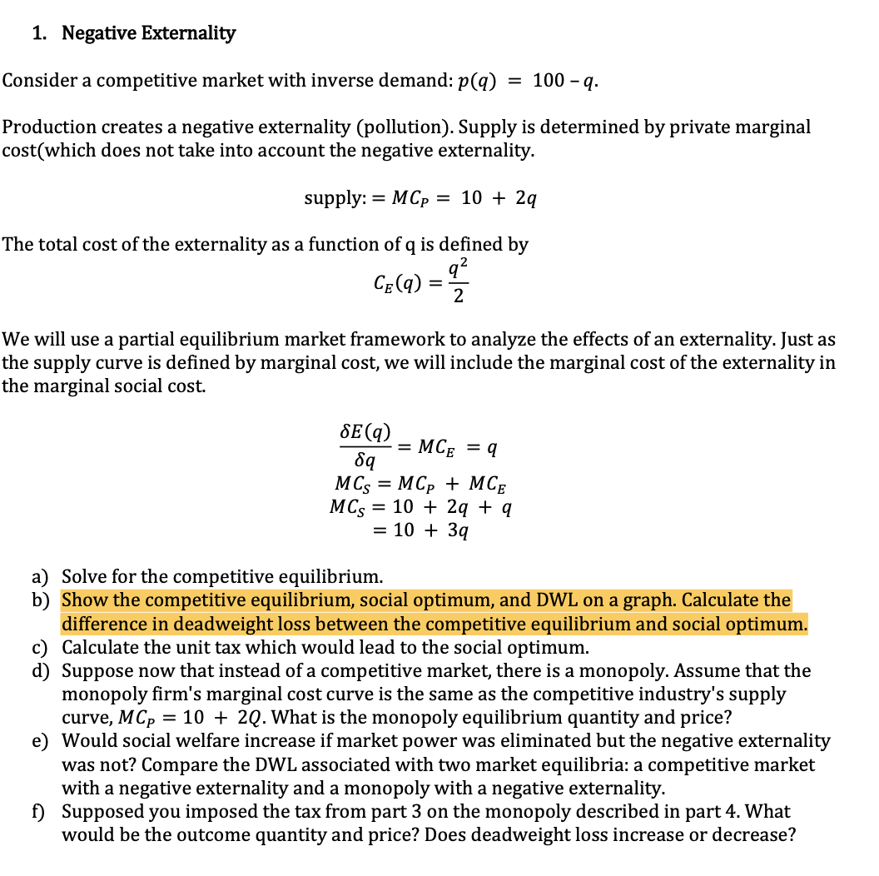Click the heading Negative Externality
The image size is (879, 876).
click(x=149, y=33)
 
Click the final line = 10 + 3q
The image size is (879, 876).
click(x=431, y=530)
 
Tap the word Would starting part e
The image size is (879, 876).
click(x=87, y=741)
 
